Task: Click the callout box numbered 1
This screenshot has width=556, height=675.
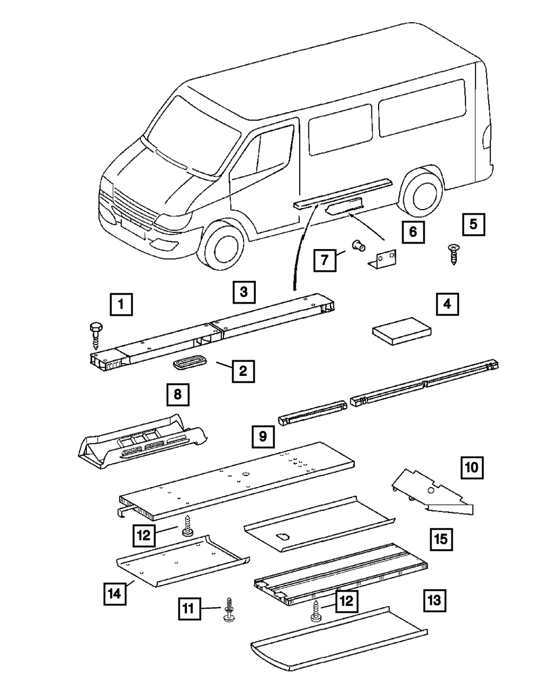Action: [121, 304]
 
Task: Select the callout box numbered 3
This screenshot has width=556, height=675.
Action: [244, 292]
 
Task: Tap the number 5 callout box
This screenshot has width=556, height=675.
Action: [474, 224]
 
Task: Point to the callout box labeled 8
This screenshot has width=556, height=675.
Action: [178, 394]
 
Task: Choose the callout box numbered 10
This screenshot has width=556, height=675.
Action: [472, 468]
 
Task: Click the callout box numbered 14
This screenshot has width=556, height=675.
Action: [115, 594]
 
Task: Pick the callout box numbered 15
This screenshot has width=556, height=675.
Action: [441, 539]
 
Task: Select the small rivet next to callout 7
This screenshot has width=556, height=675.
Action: [358, 245]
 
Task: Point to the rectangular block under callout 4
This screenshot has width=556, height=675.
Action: [402, 331]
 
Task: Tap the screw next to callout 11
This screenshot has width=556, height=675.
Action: [229, 610]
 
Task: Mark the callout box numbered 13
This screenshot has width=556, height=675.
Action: [435, 600]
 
